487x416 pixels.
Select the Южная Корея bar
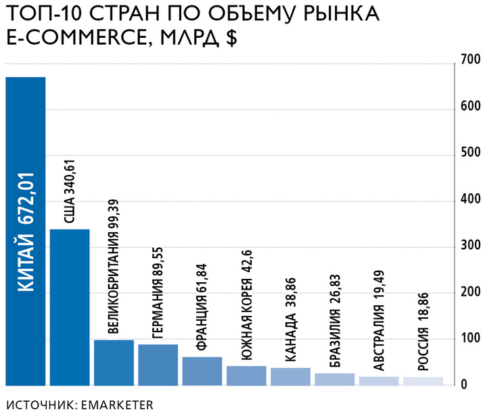246,375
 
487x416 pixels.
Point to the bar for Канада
290,377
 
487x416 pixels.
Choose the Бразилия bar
335,380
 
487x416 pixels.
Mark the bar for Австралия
379,381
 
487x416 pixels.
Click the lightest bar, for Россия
423,381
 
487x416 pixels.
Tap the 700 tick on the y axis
470,61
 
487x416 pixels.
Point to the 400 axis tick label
470,200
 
